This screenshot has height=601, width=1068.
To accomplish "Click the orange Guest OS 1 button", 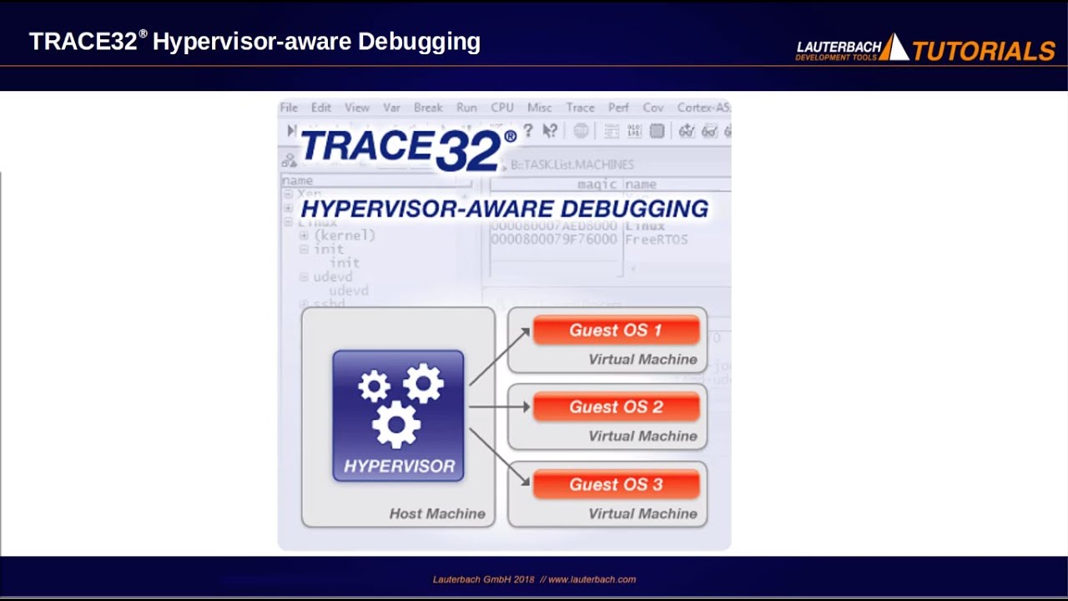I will coord(616,331).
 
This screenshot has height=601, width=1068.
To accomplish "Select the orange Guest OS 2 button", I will coord(616,407).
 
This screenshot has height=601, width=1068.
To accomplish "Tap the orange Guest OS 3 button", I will coord(616,485).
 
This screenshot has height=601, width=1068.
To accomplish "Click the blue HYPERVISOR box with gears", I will coord(398,415).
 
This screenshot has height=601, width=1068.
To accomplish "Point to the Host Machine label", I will coord(437,513).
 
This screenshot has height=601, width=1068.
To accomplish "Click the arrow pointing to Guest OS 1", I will coord(499,356).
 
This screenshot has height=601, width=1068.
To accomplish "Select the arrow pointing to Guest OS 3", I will coord(499,457).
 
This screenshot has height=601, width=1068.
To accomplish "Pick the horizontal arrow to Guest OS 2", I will coord(499,407).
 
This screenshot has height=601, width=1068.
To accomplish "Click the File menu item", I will coord(289,108).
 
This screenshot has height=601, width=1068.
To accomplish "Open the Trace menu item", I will coord(580,108).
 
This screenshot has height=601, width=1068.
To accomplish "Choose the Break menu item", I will coord(428,108).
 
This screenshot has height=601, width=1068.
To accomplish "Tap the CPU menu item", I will coord(502,108).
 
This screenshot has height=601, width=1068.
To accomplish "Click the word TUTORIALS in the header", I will coord(984,51).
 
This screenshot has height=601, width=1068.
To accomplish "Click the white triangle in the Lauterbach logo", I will coord(894,48).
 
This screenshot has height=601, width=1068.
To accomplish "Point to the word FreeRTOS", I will coord(656,240).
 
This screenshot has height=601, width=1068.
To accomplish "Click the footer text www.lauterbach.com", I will coord(592,579).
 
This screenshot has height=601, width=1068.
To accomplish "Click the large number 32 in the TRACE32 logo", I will coord(467,150).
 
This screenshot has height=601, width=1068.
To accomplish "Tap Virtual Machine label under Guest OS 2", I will coord(642,436).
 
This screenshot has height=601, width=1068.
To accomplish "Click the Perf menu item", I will coord(618,108).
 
